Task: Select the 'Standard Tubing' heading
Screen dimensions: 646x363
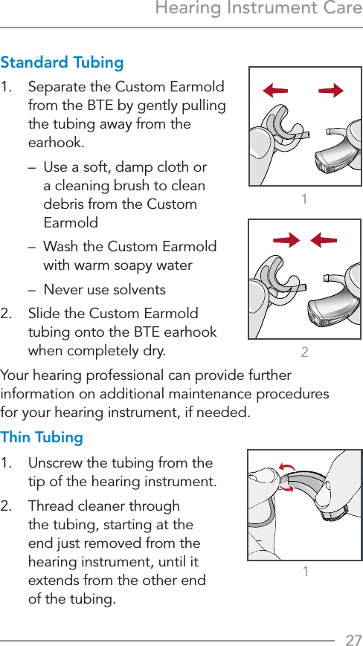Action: click(62, 62)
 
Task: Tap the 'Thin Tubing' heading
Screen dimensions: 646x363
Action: click(42, 437)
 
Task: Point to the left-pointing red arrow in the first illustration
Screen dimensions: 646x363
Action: click(275, 91)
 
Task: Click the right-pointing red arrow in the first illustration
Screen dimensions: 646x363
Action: click(331, 91)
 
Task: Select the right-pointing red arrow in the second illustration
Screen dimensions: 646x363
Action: click(286, 240)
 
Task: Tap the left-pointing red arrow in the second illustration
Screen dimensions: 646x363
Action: click(323, 240)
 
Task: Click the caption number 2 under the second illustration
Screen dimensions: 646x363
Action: click(305, 352)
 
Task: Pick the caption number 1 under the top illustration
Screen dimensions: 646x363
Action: click(305, 198)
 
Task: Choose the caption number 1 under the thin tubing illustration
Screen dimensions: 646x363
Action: click(305, 571)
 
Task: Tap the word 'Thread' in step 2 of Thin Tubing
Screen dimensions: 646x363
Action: click(51, 506)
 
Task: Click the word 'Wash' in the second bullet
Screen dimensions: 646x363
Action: click(61, 247)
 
